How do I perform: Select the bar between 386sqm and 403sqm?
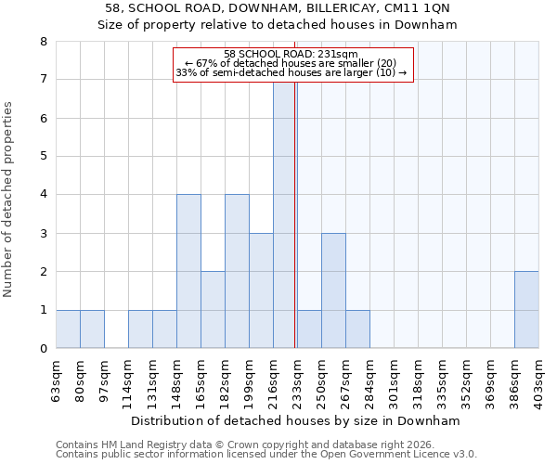pyautogui.click(x=526, y=310)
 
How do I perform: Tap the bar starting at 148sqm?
pyautogui.click(x=188, y=271)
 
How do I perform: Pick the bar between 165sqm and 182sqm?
pyautogui.click(x=213, y=310)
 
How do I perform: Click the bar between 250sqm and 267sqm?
pyautogui.click(x=333, y=290)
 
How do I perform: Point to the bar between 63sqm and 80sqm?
pyautogui.click(x=68, y=329)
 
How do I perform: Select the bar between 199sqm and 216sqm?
pyautogui.click(x=261, y=290)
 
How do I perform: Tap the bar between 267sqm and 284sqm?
pyautogui.click(x=357, y=329)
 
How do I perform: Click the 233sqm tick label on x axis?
pyautogui.click(x=297, y=380)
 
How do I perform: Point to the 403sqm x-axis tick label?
pyautogui.click(x=538, y=380)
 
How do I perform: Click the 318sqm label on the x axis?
pyautogui.click(x=418, y=380)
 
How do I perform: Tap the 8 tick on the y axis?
pyautogui.click(x=43, y=42)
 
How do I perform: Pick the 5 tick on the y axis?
pyautogui.click(x=43, y=157)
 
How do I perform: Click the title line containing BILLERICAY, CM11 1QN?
pyautogui.click(x=278, y=7)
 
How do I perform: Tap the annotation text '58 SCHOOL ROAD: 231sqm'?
pyautogui.click(x=292, y=54)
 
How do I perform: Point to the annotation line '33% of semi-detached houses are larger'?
pyautogui.click(x=291, y=72)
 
